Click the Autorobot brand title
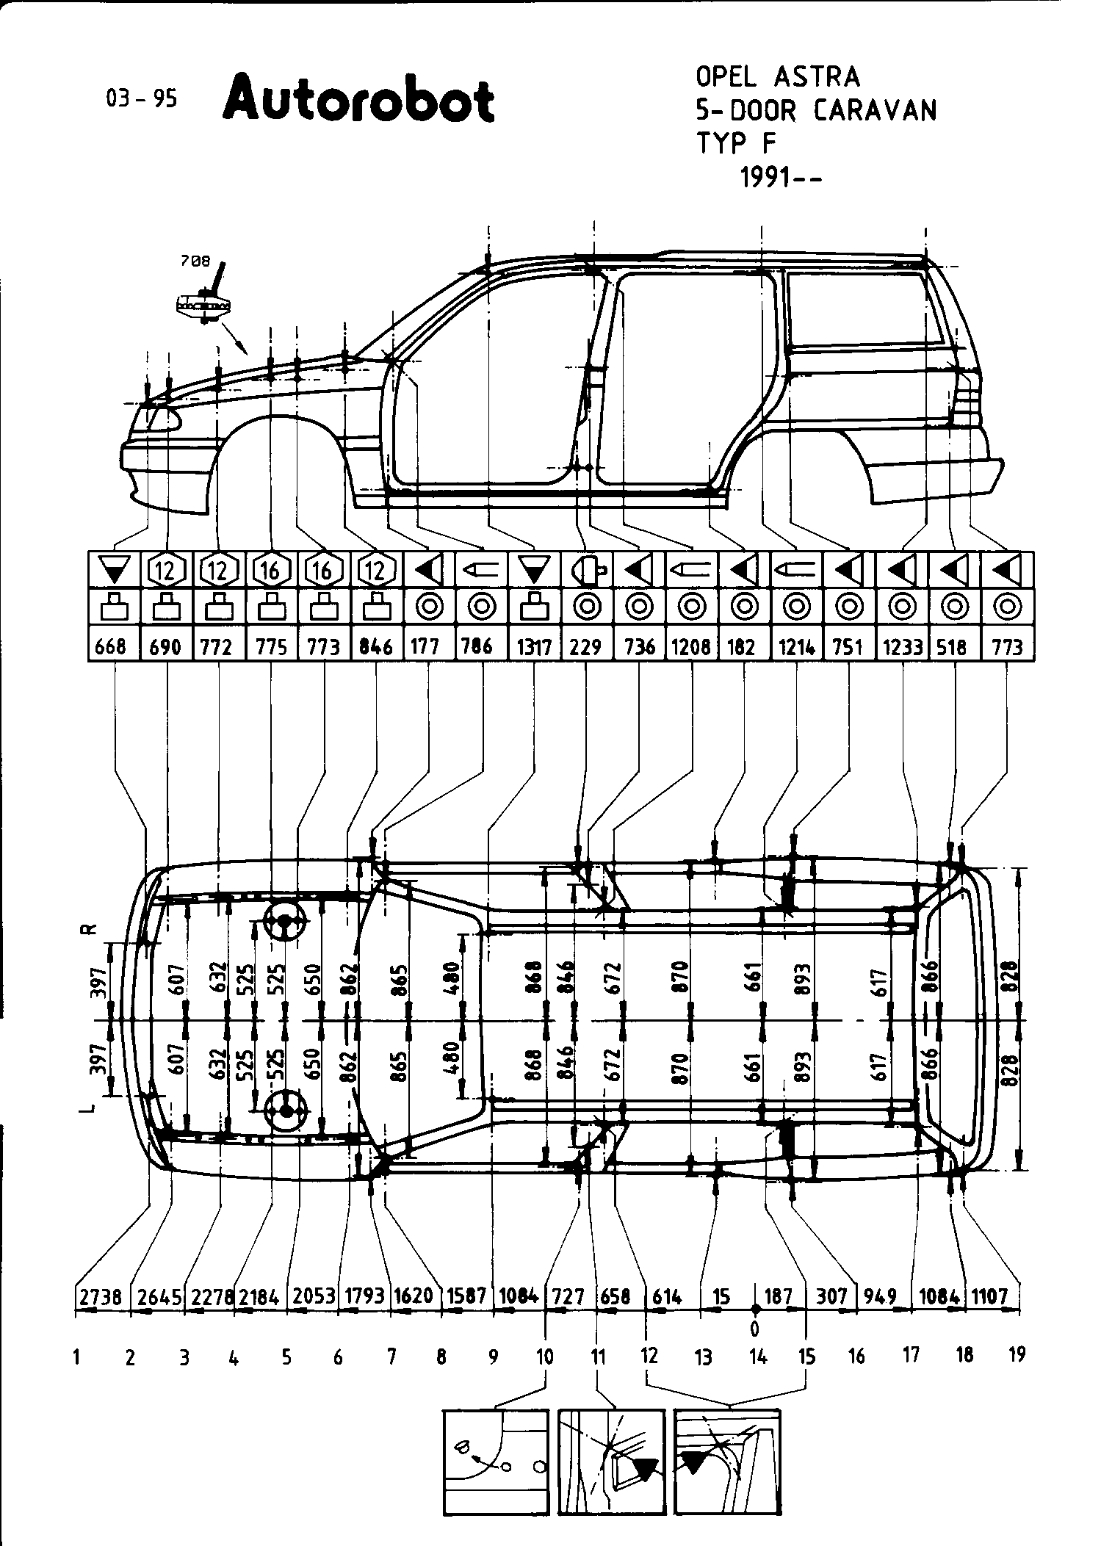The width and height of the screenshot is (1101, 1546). pyautogui.click(x=358, y=99)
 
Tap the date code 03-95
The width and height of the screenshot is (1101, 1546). pyautogui.click(x=141, y=98)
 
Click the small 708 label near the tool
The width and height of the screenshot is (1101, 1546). pyautogui.click(x=195, y=260)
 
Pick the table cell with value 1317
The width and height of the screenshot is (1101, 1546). pyautogui.click(x=534, y=647)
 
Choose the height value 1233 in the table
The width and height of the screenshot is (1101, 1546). pyautogui.click(x=903, y=647)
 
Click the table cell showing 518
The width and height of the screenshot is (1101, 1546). pyautogui.click(x=953, y=647)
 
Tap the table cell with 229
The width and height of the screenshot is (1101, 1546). pyautogui.click(x=585, y=647)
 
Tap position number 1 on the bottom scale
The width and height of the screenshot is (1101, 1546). pyautogui.click(x=76, y=1357)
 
